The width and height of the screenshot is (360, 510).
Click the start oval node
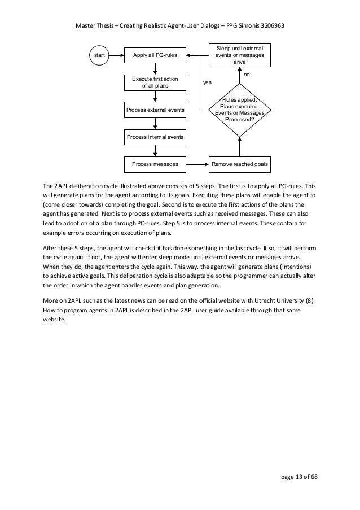[x=99, y=55]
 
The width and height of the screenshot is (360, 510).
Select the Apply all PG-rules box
[x=155, y=55]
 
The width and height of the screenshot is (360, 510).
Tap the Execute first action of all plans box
[x=155, y=82]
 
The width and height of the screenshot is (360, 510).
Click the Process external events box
[x=155, y=110]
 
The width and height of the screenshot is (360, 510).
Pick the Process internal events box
[x=155, y=137]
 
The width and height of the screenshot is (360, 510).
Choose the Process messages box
[x=155, y=164]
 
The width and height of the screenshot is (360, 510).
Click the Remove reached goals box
[x=240, y=164]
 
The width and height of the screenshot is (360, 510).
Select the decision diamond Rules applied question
[x=240, y=109]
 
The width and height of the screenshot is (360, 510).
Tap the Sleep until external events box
[x=240, y=55]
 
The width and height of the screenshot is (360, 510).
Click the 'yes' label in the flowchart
[x=207, y=82]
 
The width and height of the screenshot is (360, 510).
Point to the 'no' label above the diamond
[x=247, y=75]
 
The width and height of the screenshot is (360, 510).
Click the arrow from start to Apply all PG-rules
[x=117, y=55]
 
